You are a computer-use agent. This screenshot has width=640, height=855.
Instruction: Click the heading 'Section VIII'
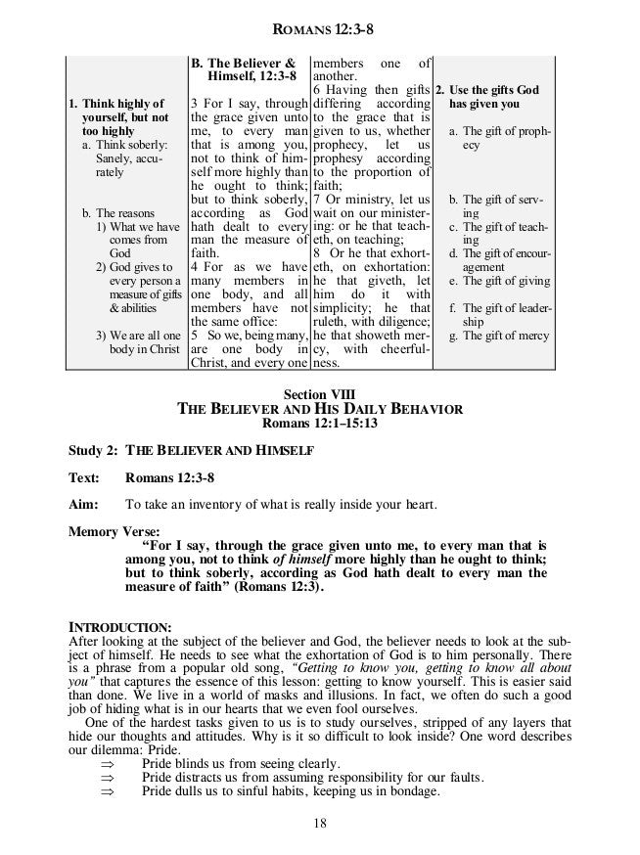[x=319, y=393]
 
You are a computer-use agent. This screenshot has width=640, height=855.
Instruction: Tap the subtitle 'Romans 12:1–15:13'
[x=319, y=424]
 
